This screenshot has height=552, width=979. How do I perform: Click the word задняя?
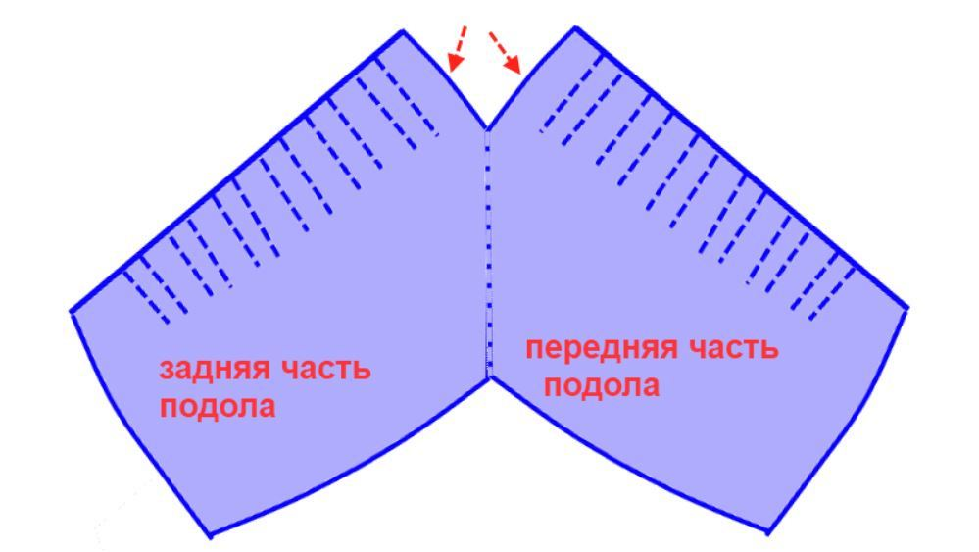[212, 370]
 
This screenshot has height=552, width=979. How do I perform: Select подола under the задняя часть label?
[218, 407]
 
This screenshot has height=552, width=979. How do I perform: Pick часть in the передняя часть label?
[734, 348]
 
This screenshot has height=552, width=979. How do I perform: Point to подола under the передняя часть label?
[602, 386]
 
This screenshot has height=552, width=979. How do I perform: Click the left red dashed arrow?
[457, 47]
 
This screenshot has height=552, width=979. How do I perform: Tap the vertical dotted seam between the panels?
[488, 254]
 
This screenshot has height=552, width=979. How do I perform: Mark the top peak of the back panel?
[403, 30]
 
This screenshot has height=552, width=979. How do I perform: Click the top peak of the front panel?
[575, 27]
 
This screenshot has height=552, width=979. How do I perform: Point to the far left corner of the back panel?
[72, 312]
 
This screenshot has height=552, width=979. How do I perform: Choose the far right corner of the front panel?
[906, 308]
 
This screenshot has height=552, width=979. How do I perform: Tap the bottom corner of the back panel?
[211, 535]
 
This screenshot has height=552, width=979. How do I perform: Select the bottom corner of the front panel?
[768, 532]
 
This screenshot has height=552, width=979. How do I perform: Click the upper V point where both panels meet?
[487, 129]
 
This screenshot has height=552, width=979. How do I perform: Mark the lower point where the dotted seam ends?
[489, 377]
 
